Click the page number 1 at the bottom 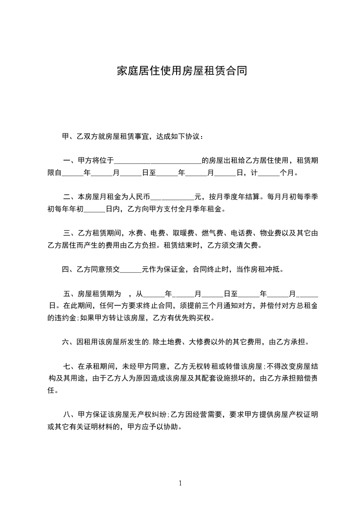tap(180, 484)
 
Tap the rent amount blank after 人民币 tap(172, 197)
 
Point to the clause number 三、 tap(69, 234)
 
